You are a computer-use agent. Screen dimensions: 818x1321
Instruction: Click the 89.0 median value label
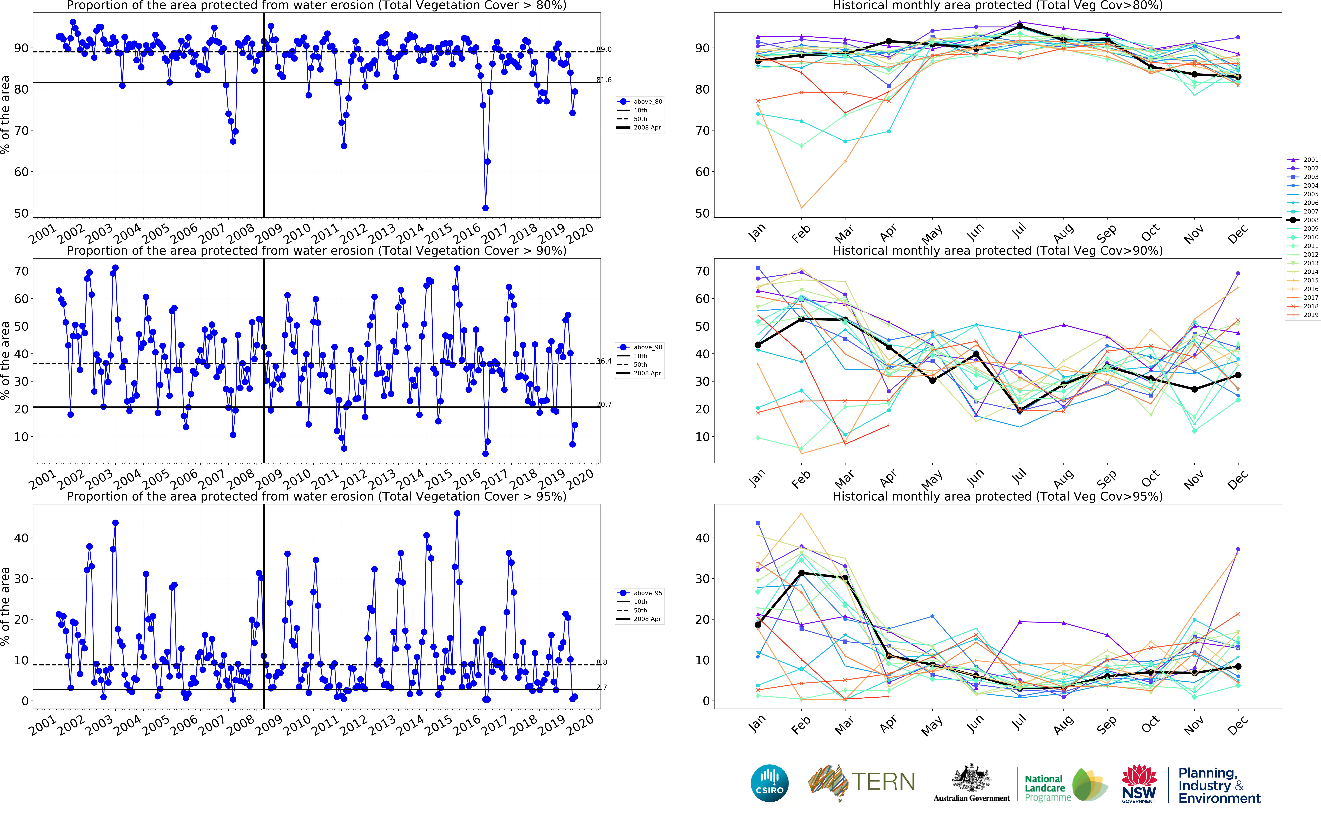[x=604, y=49]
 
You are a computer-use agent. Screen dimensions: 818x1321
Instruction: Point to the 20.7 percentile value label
[x=604, y=404]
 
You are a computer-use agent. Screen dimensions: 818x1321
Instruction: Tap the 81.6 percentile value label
[x=604, y=80]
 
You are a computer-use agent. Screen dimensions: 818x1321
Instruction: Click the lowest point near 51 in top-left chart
[x=485, y=208]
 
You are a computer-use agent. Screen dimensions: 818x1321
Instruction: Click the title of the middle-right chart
[x=997, y=250]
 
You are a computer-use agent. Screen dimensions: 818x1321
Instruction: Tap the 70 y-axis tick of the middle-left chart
[x=21, y=271]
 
